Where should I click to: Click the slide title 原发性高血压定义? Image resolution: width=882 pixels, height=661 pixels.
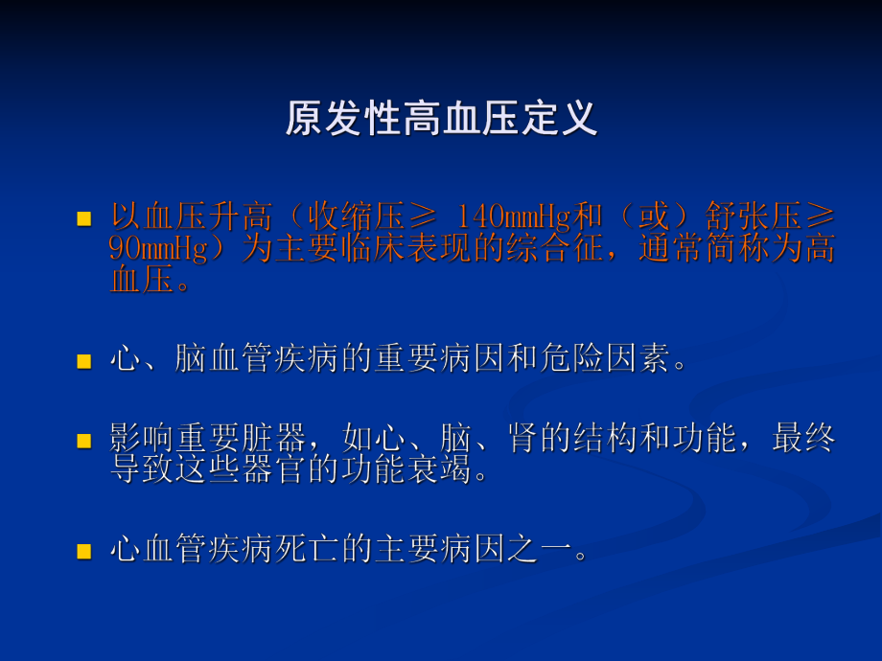tap(441, 119)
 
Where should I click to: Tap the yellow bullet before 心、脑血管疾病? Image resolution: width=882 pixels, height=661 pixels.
tap(83, 362)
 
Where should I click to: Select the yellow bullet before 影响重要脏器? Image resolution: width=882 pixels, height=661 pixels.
tap(83, 442)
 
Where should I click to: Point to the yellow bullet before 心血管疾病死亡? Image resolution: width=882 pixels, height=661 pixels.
tap(83, 552)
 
